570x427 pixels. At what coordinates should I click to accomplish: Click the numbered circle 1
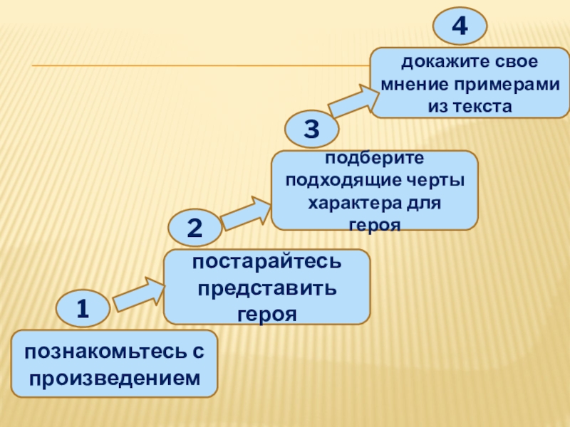point(83,308)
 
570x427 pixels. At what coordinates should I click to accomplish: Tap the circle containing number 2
point(195,228)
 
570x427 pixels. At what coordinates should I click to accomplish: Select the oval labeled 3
point(311,129)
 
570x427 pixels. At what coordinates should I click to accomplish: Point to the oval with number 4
point(460,26)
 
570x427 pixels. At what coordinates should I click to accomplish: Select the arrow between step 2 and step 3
point(247,211)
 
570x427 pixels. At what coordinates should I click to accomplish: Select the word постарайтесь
point(266,265)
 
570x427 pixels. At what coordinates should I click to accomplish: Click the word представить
point(266,290)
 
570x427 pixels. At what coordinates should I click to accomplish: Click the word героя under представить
point(266,314)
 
